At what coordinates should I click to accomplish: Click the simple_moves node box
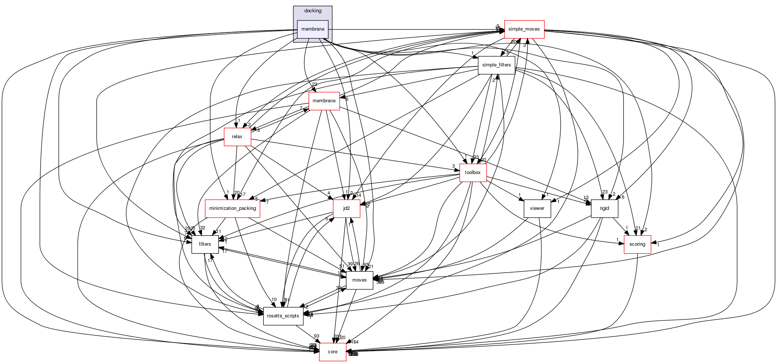pyautogui.click(x=524, y=29)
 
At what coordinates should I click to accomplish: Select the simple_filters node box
pyautogui.click(x=496, y=65)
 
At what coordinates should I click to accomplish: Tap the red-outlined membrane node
pyautogui.click(x=324, y=101)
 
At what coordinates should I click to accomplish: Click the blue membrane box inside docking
pyautogui.click(x=313, y=29)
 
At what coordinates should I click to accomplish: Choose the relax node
pyautogui.click(x=237, y=137)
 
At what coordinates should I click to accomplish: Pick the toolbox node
pyautogui.click(x=473, y=173)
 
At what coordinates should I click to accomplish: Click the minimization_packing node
pyautogui.click(x=232, y=208)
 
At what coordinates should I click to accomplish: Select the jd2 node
pyautogui.click(x=347, y=208)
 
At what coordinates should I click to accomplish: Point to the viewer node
pyautogui.click(x=537, y=208)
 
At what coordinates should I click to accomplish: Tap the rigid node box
pyautogui.click(x=604, y=208)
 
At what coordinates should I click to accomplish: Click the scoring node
pyautogui.click(x=637, y=244)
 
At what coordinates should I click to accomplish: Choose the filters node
pyautogui.click(x=205, y=244)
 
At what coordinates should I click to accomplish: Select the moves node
pyautogui.click(x=359, y=280)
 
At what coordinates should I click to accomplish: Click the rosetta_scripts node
pyautogui.click(x=283, y=316)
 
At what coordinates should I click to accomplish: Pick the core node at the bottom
pyautogui.click(x=332, y=352)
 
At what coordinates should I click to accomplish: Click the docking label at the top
pyautogui.click(x=313, y=11)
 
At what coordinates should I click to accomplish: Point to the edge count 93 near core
pyautogui.click(x=317, y=336)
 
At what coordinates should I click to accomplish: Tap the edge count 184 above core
pyautogui.click(x=355, y=342)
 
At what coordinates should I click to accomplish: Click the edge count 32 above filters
pyautogui.click(x=202, y=228)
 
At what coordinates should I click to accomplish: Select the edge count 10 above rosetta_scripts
pyautogui.click(x=274, y=300)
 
